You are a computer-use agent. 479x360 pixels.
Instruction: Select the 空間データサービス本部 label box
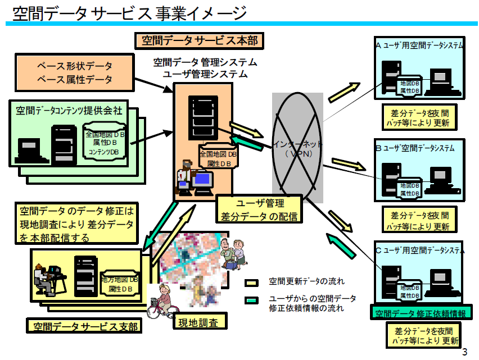[x=199, y=40]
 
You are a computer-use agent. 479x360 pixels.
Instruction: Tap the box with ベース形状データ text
[x=75, y=72]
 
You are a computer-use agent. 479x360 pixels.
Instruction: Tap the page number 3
[x=464, y=353]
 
